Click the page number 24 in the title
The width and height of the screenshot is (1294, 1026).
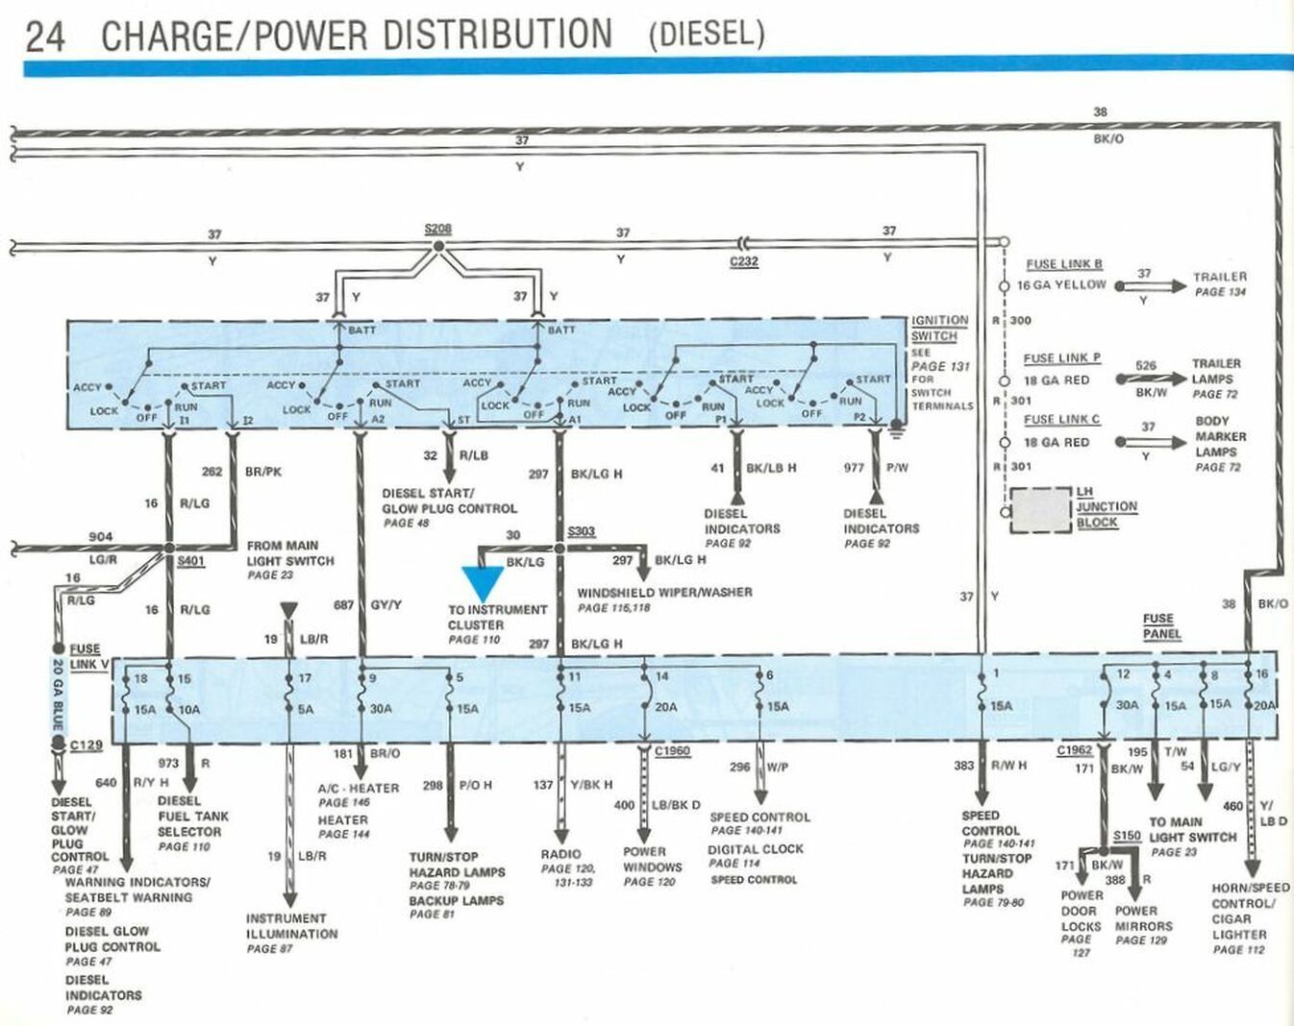click(44, 36)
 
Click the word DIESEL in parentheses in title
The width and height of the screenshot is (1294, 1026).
click(707, 34)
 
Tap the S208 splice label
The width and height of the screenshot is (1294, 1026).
click(437, 230)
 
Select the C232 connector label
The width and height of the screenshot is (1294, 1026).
click(744, 261)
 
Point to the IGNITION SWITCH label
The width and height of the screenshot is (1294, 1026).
click(939, 328)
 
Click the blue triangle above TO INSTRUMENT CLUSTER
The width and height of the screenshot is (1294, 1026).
click(483, 583)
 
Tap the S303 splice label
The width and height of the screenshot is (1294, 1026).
click(582, 531)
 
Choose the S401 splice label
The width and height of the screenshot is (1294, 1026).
click(191, 561)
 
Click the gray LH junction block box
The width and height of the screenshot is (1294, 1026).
click(1040, 510)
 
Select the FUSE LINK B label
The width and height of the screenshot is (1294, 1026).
click(1063, 264)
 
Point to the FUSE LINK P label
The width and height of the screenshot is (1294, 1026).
click(1061, 358)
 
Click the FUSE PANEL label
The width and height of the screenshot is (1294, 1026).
click(1161, 626)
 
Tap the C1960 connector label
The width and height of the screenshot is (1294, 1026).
click(672, 751)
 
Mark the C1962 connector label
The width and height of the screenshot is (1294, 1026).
click(1075, 750)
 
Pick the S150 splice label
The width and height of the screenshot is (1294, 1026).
click(1127, 836)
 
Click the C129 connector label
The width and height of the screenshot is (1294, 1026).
click(86, 745)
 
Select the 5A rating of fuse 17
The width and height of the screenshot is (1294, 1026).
click(305, 709)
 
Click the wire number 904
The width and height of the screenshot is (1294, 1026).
click(100, 537)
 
